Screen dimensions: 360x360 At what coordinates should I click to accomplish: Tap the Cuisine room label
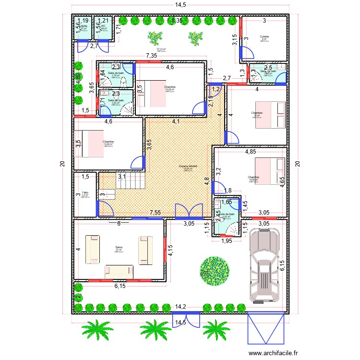[x=264, y=37]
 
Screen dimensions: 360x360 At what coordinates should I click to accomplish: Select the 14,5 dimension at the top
[x=180, y=5]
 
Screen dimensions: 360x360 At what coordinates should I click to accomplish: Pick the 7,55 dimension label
[x=155, y=212]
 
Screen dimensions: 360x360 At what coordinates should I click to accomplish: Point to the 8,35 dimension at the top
[x=177, y=20]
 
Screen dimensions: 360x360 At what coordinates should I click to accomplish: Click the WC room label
[x=103, y=26]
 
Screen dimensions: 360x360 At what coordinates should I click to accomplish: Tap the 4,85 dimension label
[x=251, y=152]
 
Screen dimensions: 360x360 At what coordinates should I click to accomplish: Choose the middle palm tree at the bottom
[x=155, y=329]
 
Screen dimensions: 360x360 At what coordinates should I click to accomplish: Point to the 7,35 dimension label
[x=152, y=56]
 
